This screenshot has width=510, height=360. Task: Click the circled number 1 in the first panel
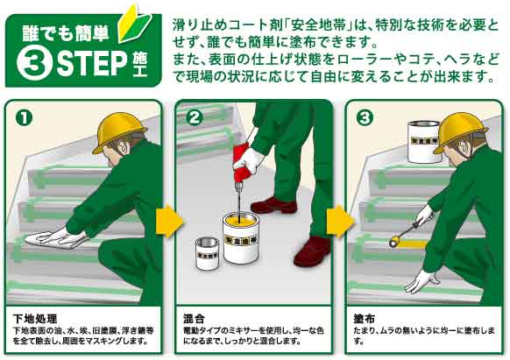tap(24, 117)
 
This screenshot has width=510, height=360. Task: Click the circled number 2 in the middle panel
tap(195, 117)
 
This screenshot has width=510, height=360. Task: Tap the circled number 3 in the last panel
tap(365, 117)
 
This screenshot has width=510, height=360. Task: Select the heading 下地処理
tap(35, 318)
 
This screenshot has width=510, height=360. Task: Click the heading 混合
tap(194, 318)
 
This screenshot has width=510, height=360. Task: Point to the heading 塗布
tap(365, 318)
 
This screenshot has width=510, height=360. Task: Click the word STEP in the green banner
tap(92, 64)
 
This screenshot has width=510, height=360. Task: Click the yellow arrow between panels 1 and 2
tap(169, 221)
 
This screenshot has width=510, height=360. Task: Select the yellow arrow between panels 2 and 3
tap(340, 222)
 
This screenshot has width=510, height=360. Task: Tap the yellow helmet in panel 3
tap(459, 131)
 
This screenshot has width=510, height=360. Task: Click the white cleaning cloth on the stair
tap(55, 239)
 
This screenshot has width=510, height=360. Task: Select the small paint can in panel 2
tap(208, 254)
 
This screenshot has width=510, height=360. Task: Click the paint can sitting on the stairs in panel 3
tap(423, 142)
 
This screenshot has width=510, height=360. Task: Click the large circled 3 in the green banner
tap(34, 64)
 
